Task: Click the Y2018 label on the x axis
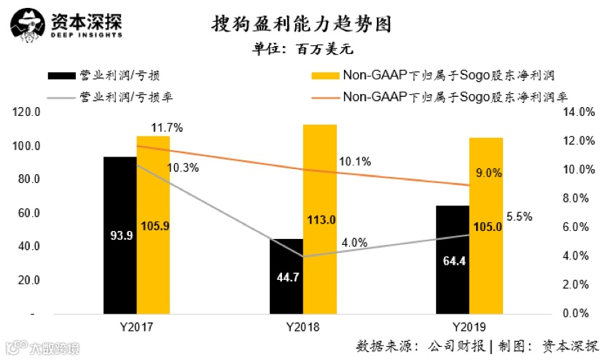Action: pyautogui.click(x=302, y=326)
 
